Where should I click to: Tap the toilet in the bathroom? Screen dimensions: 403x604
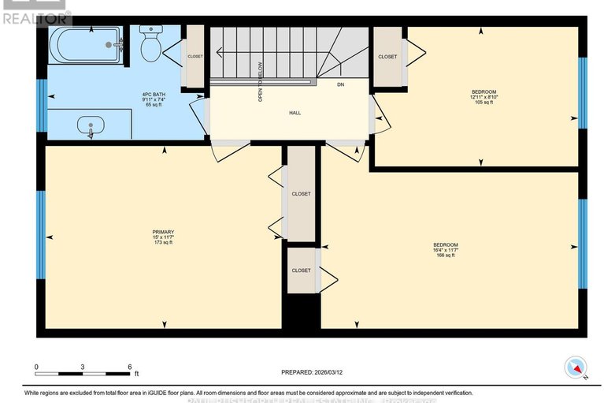click(x=150, y=45)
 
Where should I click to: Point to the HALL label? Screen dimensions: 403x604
click(x=295, y=113)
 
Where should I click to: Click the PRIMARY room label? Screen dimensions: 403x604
click(x=163, y=232)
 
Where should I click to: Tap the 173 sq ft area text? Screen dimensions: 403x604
click(x=163, y=242)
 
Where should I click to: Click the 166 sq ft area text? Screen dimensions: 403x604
click(x=446, y=255)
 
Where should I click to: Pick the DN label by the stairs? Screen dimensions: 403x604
click(x=340, y=84)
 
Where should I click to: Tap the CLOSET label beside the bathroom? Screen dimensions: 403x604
click(x=194, y=57)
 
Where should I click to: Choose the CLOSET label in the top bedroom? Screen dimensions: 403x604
click(x=387, y=57)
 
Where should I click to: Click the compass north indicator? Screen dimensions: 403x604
click(x=576, y=367)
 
